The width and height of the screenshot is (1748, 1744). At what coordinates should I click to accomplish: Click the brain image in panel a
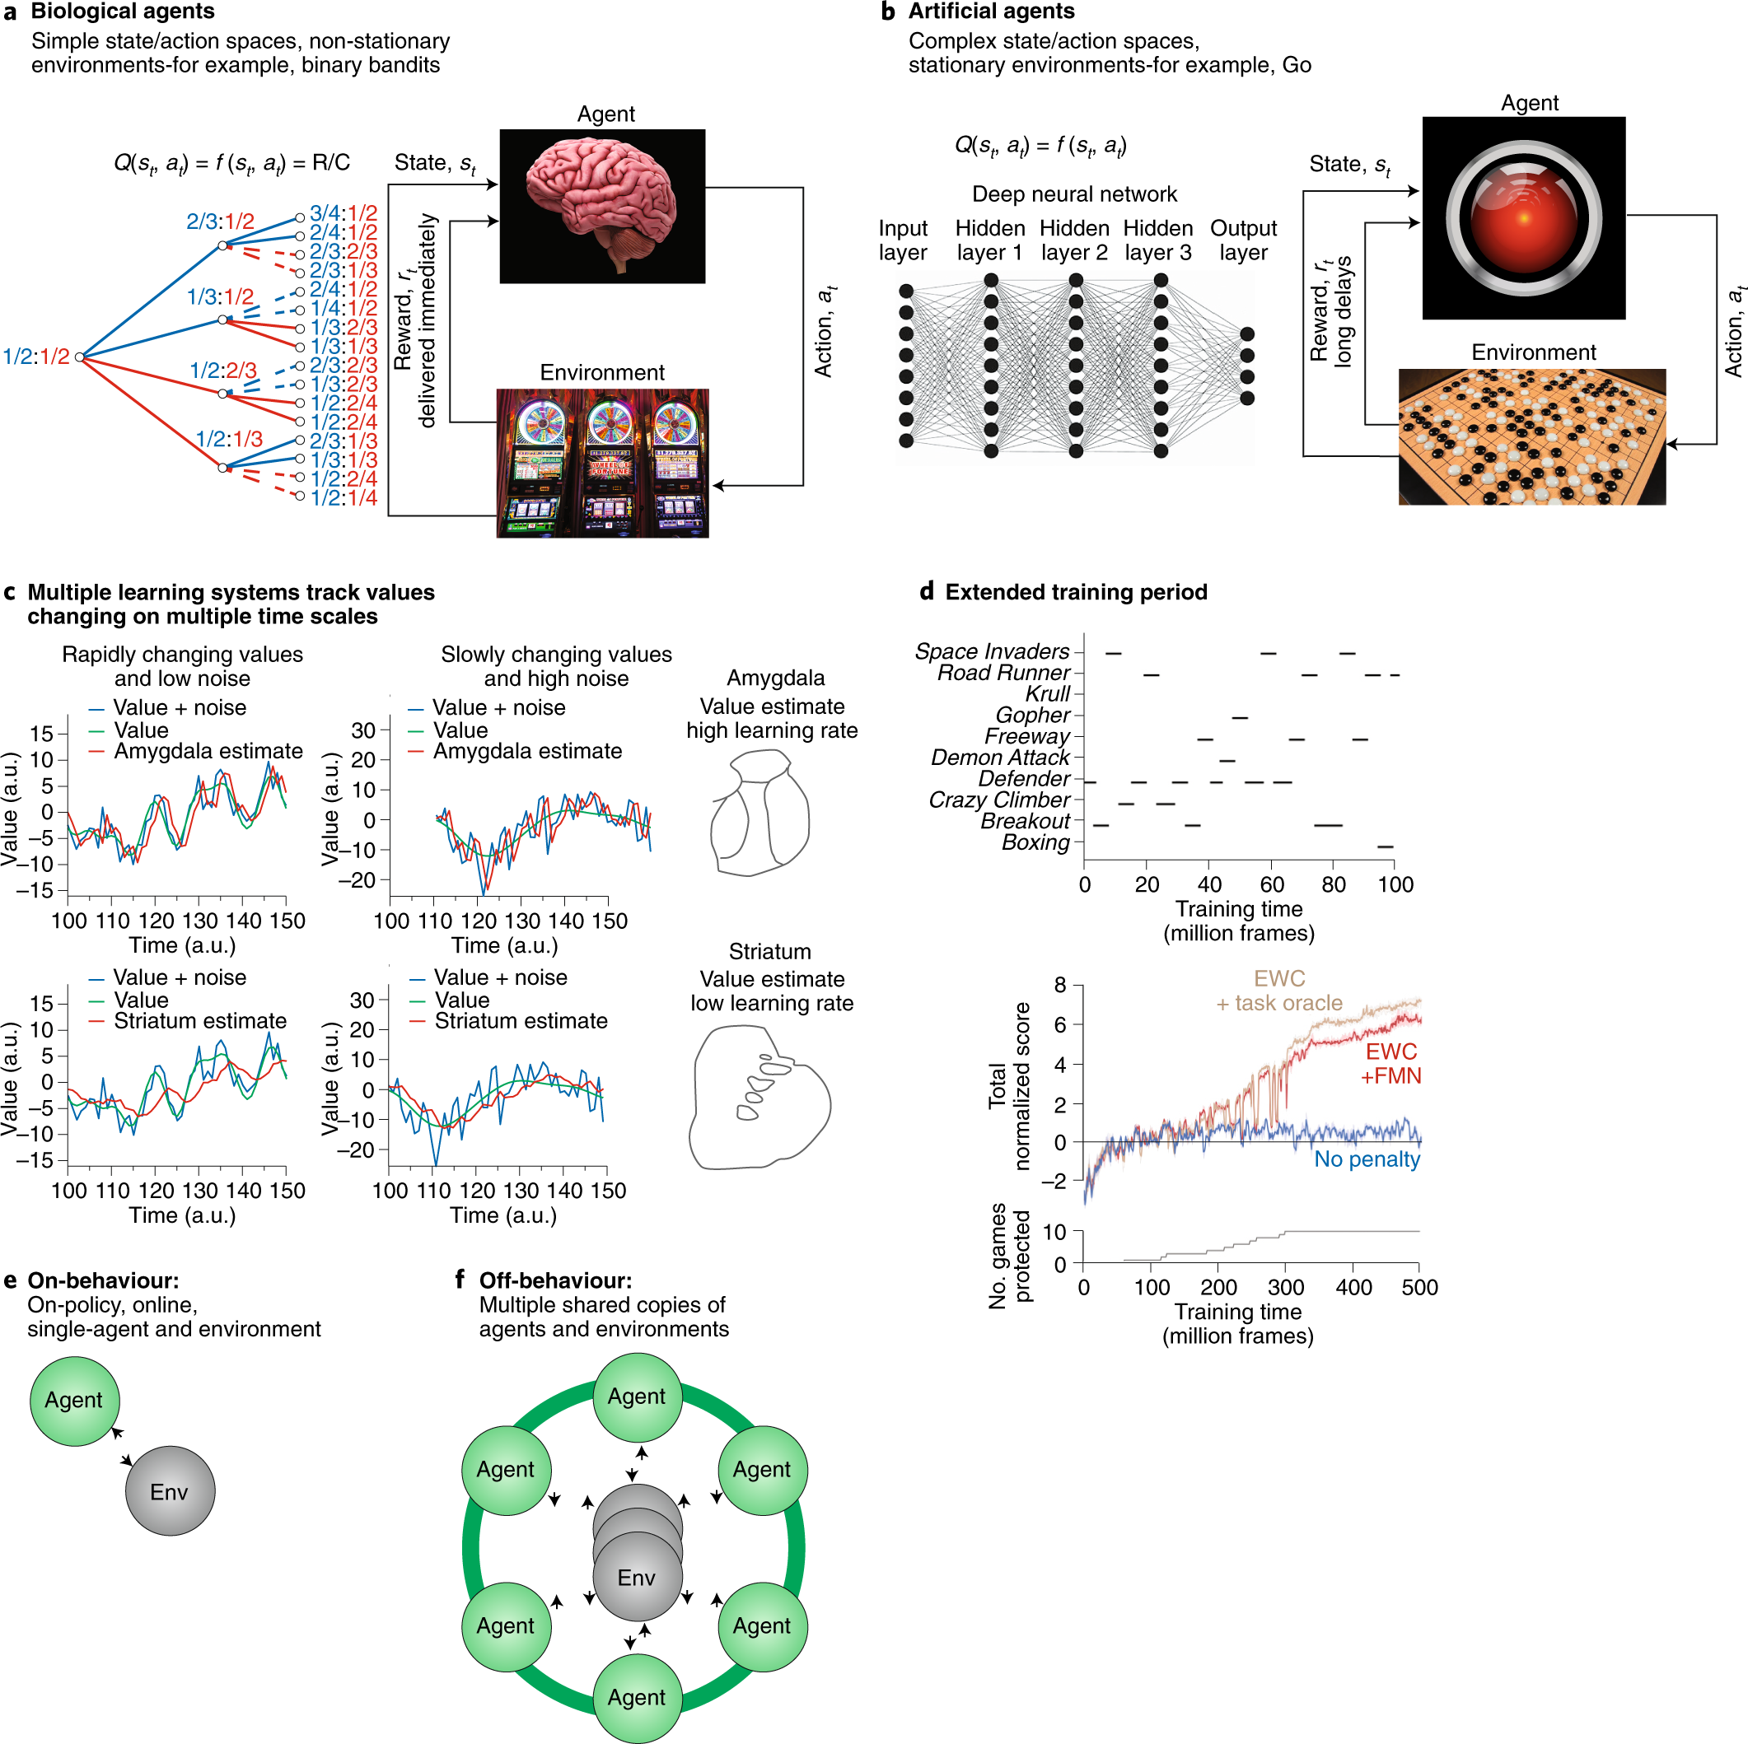coord(601,205)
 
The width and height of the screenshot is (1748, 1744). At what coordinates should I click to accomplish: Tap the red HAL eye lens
coord(1524,218)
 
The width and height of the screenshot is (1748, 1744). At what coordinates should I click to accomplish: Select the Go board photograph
coord(1531,436)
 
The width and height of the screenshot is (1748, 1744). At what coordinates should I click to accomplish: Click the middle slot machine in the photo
coord(609,463)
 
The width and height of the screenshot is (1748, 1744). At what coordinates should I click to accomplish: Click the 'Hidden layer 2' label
coord(1074,240)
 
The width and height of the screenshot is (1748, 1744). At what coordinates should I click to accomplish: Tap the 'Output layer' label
coord(1243,240)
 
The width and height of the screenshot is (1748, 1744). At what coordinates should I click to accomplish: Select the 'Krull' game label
coord(1048,694)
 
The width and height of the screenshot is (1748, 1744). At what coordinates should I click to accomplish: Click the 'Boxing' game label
coord(1035,842)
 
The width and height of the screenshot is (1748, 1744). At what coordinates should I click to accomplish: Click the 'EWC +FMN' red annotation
coord(1390,1064)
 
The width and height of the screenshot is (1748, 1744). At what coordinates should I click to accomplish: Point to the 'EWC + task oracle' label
coord(1279,991)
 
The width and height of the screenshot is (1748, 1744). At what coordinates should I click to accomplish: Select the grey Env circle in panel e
coord(170,1490)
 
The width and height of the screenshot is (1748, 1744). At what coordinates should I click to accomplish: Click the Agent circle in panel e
coord(74,1401)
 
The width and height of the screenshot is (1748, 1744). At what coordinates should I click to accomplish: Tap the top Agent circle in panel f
coord(637,1396)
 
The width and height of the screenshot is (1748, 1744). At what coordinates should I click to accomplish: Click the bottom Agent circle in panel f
coord(637,1697)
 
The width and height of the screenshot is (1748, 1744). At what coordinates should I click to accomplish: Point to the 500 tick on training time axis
coord(1418,1286)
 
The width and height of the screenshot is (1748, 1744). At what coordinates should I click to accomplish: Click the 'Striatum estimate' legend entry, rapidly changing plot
coord(199,1020)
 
